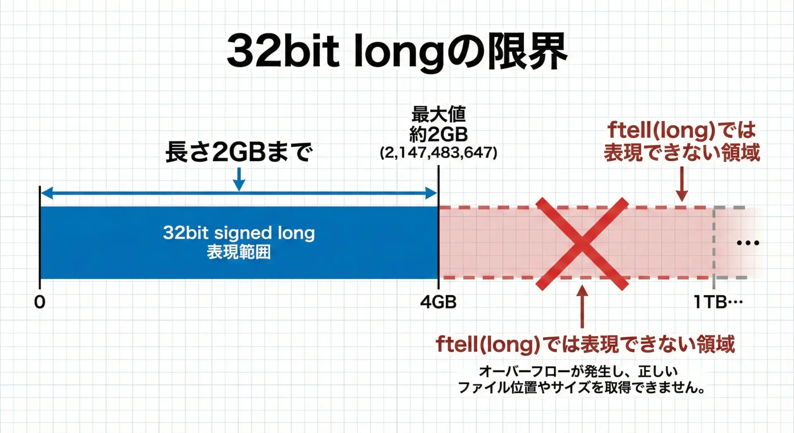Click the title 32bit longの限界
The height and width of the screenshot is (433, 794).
pyautogui.click(x=397, y=51)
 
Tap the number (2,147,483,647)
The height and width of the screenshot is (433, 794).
pyautogui.click(x=438, y=153)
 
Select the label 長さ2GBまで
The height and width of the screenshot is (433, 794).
pyautogui.click(x=239, y=152)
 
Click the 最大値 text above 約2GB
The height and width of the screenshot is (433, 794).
pyautogui.click(x=438, y=114)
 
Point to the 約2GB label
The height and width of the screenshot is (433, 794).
pyautogui.click(x=438, y=134)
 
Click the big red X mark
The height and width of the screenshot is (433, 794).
pyautogui.click(x=582, y=244)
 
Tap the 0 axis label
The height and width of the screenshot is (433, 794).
pyautogui.click(x=40, y=302)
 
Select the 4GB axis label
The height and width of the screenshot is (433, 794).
pyautogui.click(x=438, y=302)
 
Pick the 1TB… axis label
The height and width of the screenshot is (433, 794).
pyautogui.click(x=718, y=302)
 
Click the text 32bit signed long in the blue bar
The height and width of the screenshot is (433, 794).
pyautogui.click(x=239, y=233)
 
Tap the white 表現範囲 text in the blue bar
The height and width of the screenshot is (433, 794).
pyautogui.click(x=239, y=252)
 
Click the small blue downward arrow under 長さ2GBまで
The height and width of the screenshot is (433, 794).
pyautogui.click(x=239, y=179)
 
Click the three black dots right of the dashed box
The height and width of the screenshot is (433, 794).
pyautogui.click(x=748, y=243)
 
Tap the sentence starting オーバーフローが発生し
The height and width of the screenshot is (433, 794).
pyautogui.click(x=578, y=371)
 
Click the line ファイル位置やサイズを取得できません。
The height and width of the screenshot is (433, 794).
pyautogui.click(x=581, y=388)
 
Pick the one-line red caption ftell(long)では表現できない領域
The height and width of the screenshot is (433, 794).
pyautogui.click(x=586, y=344)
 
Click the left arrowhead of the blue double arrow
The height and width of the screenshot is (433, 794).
pyautogui.click(x=46, y=193)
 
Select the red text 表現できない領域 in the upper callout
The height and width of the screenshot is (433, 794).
pyautogui.click(x=682, y=152)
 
